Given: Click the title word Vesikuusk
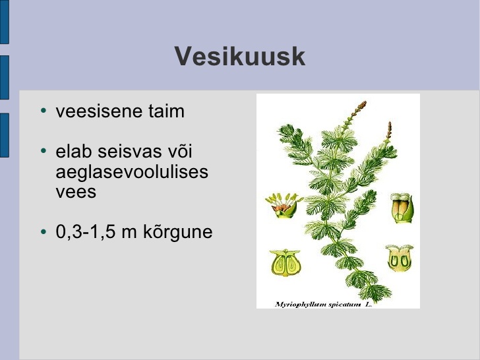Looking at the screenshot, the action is pyautogui.click(x=240, y=56).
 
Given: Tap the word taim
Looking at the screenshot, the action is pyautogui.click(x=167, y=111).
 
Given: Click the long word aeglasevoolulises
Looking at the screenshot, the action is pyautogui.click(x=132, y=171).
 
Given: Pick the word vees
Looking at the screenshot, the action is pyautogui.click(x=76, y=193).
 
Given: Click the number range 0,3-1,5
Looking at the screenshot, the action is pyautogui.click(x=86, y=231).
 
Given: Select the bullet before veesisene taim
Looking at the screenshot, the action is pyautogui.click(x=44, y=111).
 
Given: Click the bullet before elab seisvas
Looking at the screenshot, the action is pyautogui.click(x=44, y=150).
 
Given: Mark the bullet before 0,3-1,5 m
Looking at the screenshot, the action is pyautogui.click(x=44, y=231).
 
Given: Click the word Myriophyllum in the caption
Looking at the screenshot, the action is pyautogui.click(x=301, y=305).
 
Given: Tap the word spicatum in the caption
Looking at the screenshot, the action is pyautogui.click(x=344, y=305).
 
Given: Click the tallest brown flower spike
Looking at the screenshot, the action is pyautogui.click(x=357, y=111).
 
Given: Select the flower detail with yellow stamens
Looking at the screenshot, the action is pyautogui.click(x=284, y=206).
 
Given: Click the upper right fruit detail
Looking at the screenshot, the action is pyautogui.click(x=402, y=208).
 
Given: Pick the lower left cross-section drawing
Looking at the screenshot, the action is pyautogui.click(x=285, y=263).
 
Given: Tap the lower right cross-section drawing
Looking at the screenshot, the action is pyautogui.click(x=400, y=258).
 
